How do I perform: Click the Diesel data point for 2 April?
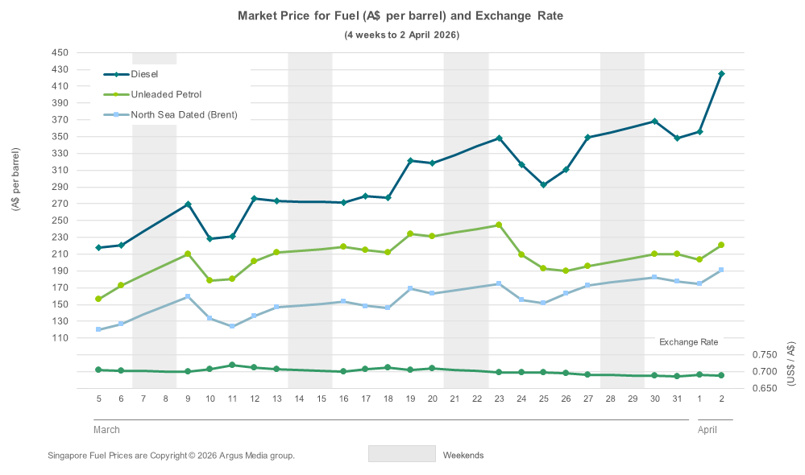pos(721,74)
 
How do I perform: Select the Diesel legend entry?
pos(144,74)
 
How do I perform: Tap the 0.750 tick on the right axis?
pos(764,355)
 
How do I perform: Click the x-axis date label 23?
pos(499,399)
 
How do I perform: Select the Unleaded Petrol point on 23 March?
pos(499,225)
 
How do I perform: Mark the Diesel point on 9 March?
pos(188,204)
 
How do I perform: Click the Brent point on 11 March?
pos(232,326)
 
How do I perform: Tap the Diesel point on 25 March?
pos(543,184)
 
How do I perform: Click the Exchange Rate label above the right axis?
pos(688,342)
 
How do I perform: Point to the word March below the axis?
pos(106,430)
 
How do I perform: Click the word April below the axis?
pos(707,430)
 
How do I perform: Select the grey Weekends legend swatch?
pos(401,454)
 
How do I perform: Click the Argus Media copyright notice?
pos(171,456)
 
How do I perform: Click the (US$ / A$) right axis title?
pos(791,365)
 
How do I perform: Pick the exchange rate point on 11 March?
pos(232,365)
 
